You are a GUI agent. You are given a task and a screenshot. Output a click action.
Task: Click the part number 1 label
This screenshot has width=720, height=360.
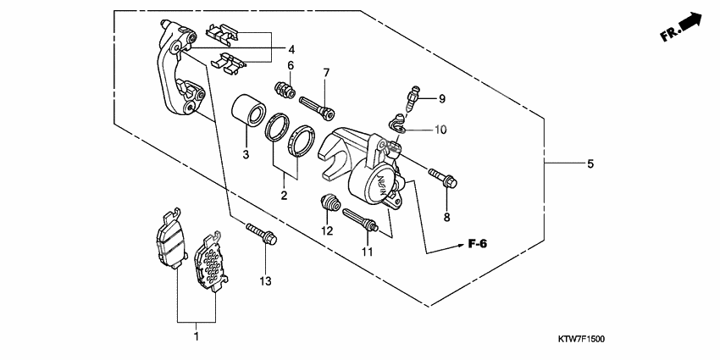point(196,337)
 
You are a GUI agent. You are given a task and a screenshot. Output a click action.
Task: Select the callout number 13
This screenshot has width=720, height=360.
point(264,280)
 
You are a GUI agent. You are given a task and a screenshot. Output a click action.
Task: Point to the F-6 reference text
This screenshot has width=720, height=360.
point(480,245)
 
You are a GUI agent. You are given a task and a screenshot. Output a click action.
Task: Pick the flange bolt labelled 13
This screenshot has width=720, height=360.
point(259,233)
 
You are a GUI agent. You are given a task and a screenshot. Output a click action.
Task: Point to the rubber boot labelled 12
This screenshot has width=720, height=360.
point(330,204)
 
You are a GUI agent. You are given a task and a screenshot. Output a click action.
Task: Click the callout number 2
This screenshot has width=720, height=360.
point(284,197)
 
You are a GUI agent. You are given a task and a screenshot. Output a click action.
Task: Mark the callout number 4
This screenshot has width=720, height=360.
point(291,48)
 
